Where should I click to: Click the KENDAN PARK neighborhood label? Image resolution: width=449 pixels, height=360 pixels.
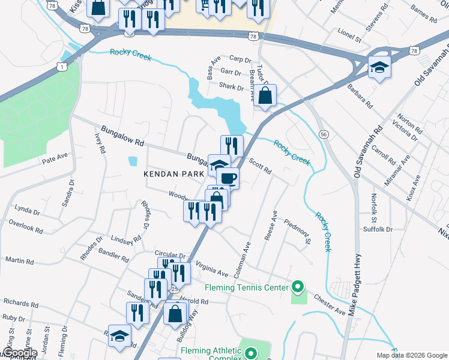(x=171, y=174)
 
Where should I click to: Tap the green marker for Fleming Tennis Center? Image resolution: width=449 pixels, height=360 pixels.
(x=295, y=287)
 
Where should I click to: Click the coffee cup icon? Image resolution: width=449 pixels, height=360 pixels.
(x=228, y=178)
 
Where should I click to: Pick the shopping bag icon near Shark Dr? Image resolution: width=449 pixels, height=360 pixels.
(x=265, y=95)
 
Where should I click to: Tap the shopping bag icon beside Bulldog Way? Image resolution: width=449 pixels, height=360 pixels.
(x=175, y=313)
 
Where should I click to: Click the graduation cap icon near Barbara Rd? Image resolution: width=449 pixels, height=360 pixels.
(x=379, y=66)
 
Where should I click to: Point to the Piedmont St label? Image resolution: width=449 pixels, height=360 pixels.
(x=298, y=230)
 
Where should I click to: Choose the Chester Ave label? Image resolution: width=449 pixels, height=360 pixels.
(x=329, y=304)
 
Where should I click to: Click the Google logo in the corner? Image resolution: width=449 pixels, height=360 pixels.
(x=19, y=353)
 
